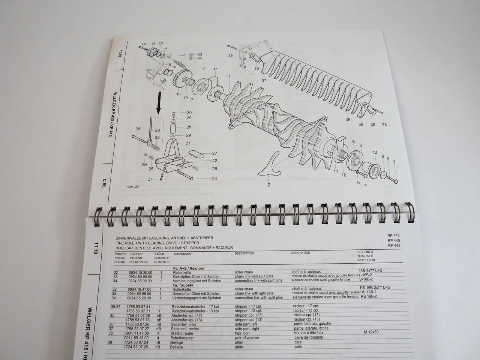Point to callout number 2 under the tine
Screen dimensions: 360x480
coord(268,184)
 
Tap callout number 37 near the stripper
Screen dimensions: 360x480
coord(264,81)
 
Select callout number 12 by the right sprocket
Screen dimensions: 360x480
coord(375,152)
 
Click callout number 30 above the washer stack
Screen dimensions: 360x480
coord(189,112)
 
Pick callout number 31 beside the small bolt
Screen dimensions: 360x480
coord(150,179)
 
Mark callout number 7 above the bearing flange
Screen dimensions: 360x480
coord(204,68)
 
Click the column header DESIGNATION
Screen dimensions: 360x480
coord(300,253)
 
